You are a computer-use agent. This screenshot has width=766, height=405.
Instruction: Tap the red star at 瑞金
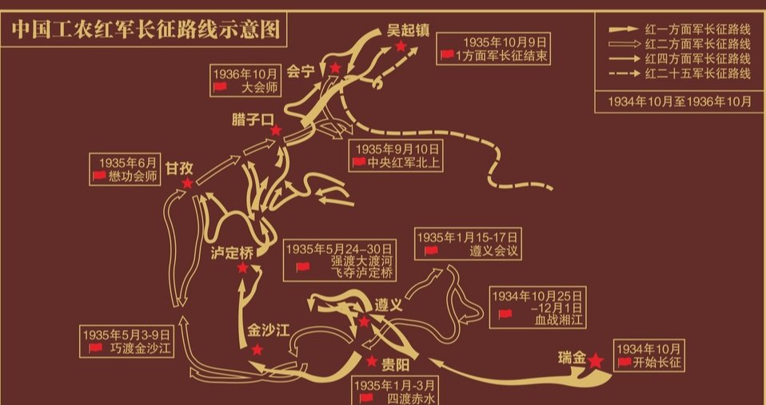tap(596, 361)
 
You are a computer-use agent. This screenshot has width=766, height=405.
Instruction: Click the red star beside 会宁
tap(335, 69)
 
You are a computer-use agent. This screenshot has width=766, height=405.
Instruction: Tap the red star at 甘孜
tap(187, 184)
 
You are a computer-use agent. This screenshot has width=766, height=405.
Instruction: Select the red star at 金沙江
tap(257, 350)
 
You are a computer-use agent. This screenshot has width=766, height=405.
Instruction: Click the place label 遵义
tap(388, 305)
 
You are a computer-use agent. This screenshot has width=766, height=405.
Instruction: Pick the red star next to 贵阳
tap(371, 362)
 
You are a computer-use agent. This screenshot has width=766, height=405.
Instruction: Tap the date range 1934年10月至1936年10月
tap(680, 101)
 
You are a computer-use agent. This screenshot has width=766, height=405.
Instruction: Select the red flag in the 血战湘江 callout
tap(505, 314)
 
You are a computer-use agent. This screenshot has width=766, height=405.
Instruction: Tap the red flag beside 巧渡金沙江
tap(96, 348)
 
